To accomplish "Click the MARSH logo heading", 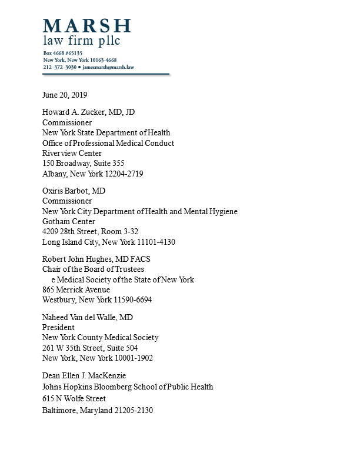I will point(86,26).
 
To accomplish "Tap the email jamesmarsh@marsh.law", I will point(108,68).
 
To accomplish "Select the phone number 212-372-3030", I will point(59,68).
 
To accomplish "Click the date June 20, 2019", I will point(65,95).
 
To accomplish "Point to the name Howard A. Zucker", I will point(75,112).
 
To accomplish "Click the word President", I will point(58,328).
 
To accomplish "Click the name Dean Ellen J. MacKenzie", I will point(84,376).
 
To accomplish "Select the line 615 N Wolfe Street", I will point(74,399).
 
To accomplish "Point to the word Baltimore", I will point(59,410).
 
